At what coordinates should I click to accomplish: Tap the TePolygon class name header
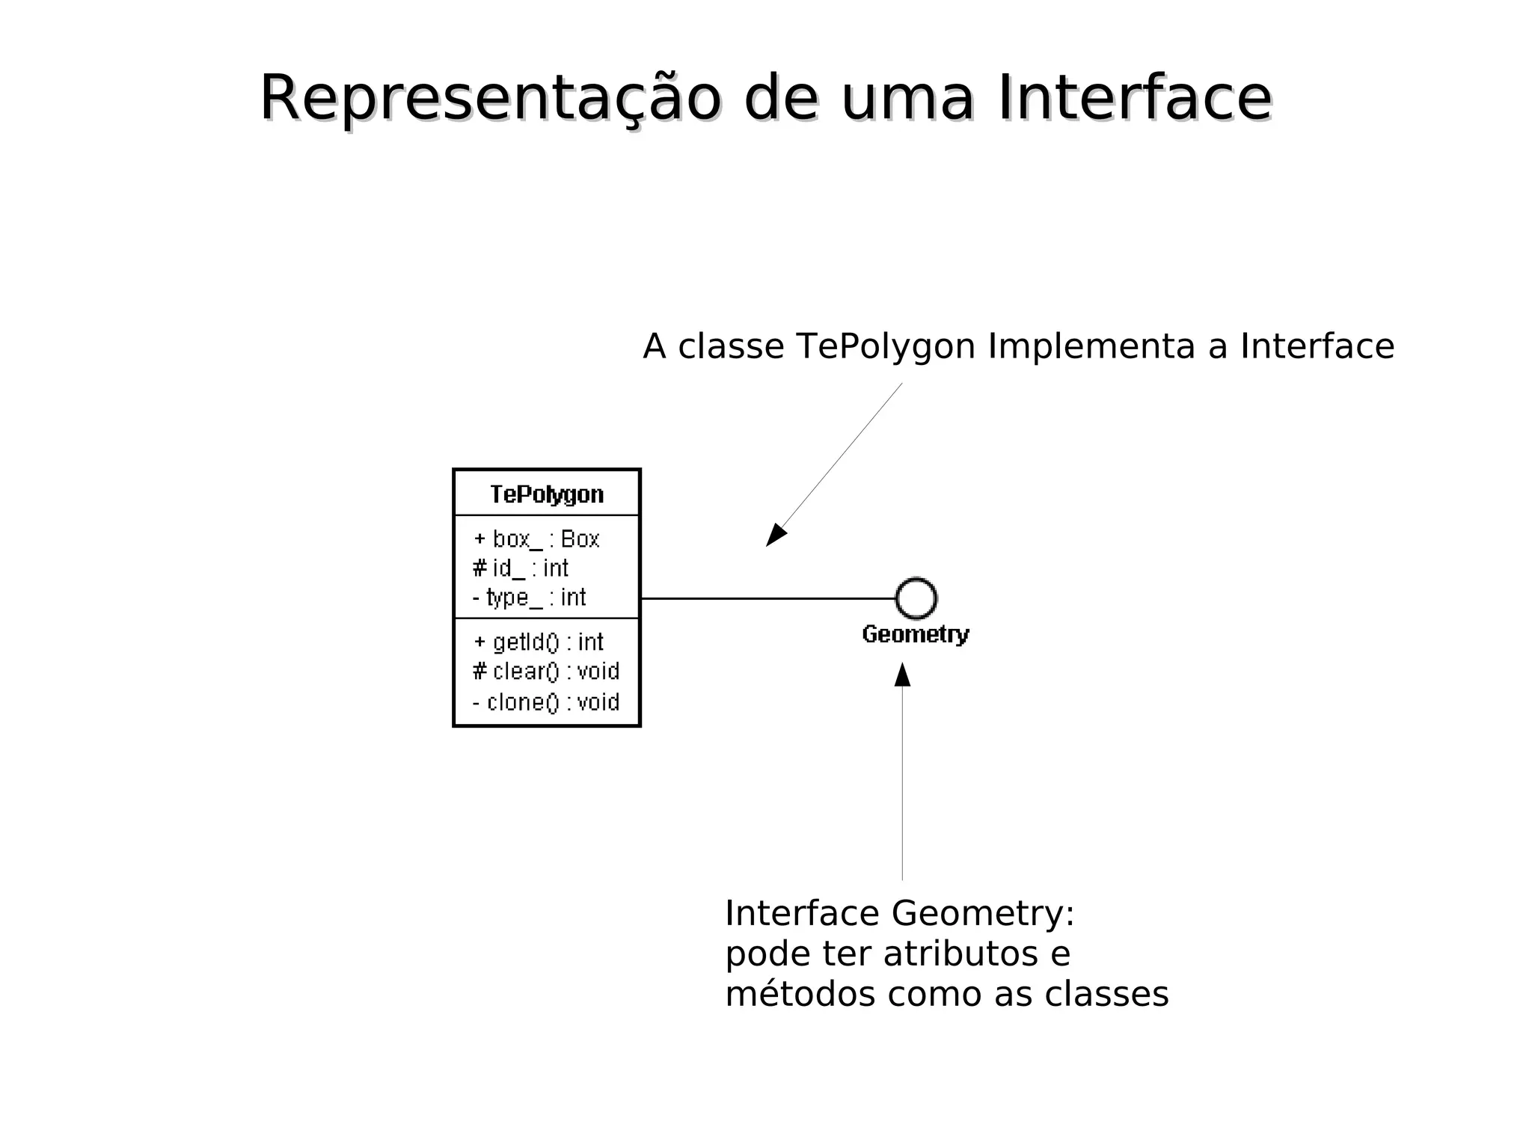pyautogui.click(x=547, y=494)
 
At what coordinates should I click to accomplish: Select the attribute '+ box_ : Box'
pyautogui.click(x=537, y=539)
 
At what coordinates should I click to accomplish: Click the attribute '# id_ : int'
pyautogui.click(x=521, y=568)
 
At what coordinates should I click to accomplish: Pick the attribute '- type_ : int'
pyautogui.click(x=530, y=598)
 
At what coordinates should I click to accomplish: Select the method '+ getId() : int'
pyautogui.click(x=539, y=642)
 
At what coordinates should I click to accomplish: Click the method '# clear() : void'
pyautogui.click(x=546, y=672)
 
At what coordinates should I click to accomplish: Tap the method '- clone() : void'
pyautogui.click(x=546, y=702)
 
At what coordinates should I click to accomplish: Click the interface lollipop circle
pyautogui.click(x=916, y=598)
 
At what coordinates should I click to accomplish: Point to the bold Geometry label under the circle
pyautogui.click(x=916, y=634)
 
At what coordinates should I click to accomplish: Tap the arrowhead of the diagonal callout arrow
pyautogui.click(x=775, y=536)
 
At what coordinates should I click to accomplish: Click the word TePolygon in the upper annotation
pyautogui.click(x=886, y=347)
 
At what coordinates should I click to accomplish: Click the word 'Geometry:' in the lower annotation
pyautogui.click(x=983, y=914)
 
